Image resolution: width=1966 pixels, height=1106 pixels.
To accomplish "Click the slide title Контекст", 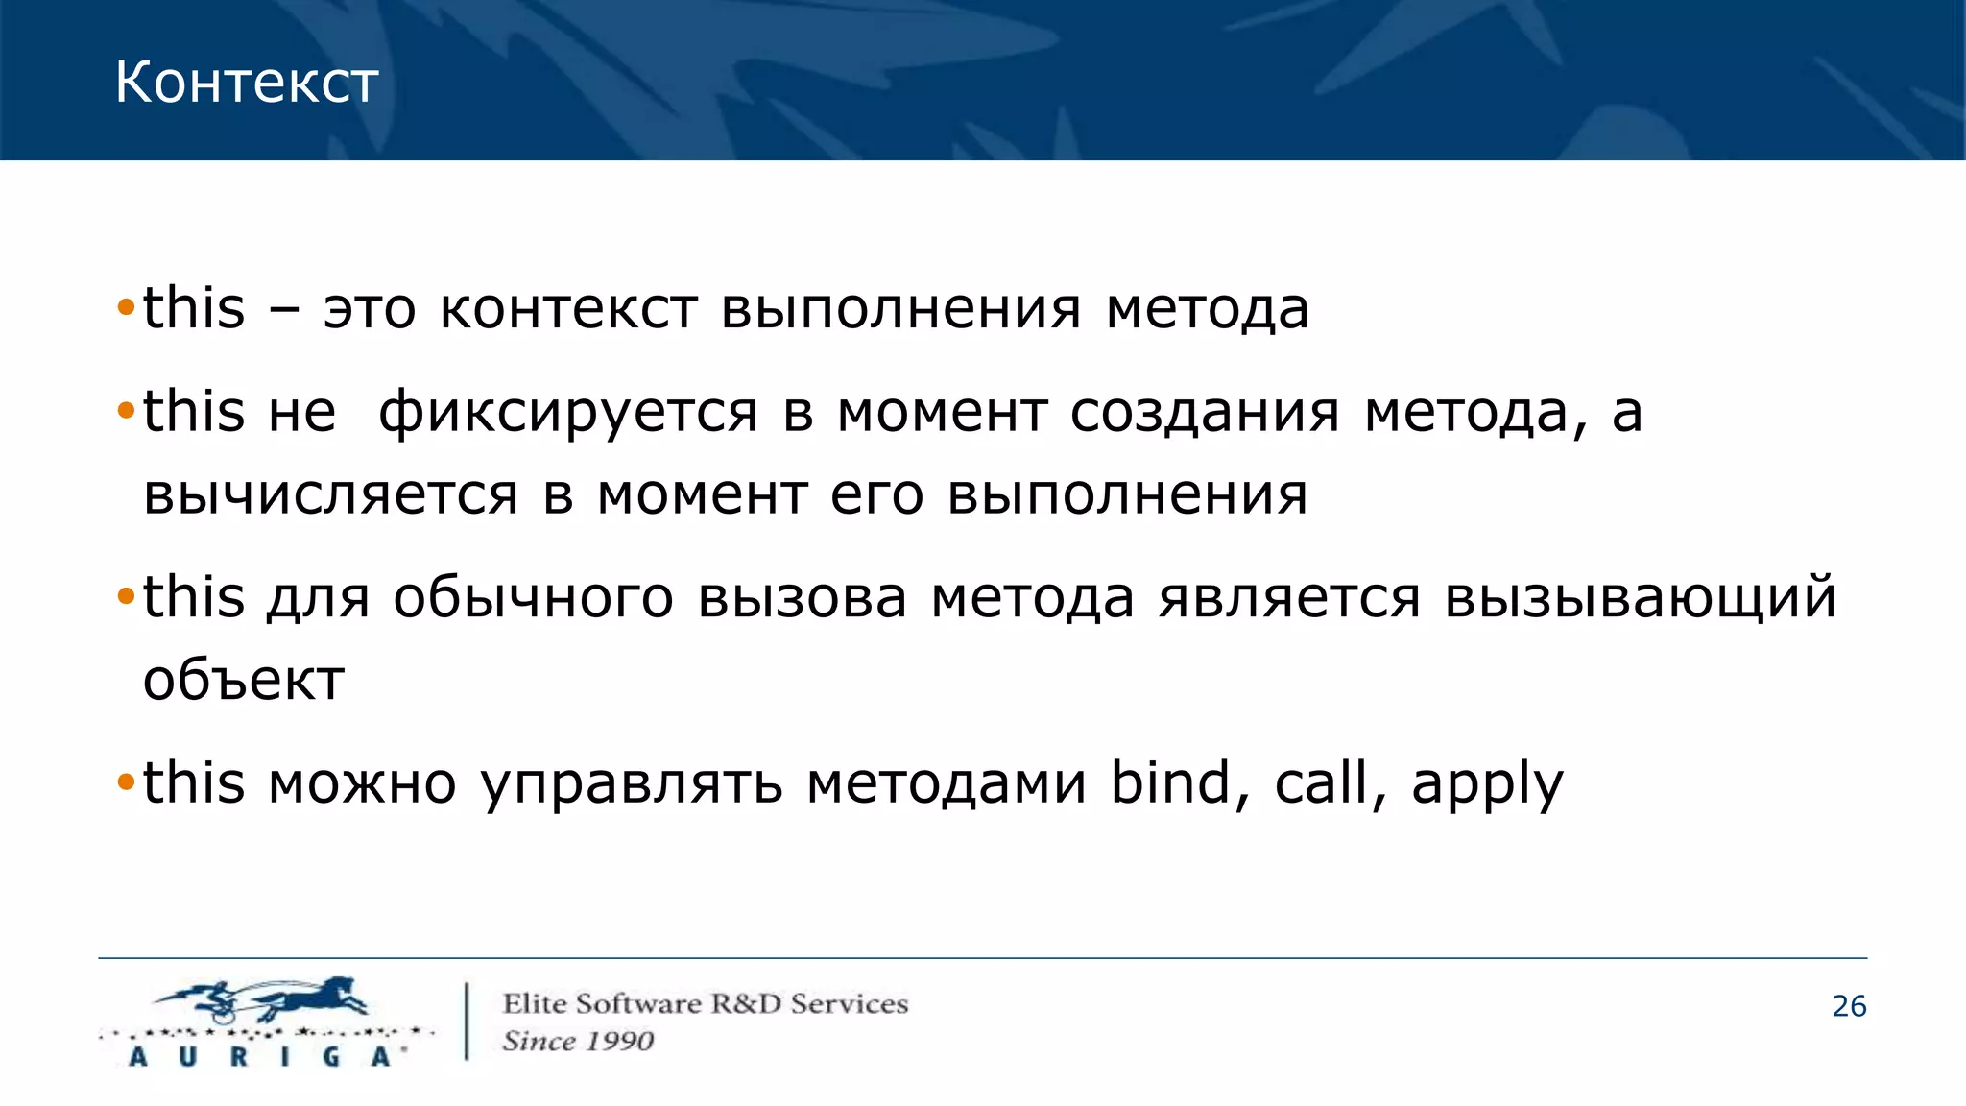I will (246, 83).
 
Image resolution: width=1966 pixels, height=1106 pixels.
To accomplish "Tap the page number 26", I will (1849, 1006).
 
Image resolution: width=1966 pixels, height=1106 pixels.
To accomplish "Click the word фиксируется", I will (568, 414).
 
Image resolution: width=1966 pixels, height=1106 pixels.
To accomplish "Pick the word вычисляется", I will (331, 495).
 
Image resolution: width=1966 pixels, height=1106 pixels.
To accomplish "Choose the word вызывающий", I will (1641, 598).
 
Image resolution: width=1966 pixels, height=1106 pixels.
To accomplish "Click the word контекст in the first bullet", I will (568, 310).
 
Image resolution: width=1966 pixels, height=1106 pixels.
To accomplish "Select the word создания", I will (1205, 414).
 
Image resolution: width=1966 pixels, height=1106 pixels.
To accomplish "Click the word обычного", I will (533, 598).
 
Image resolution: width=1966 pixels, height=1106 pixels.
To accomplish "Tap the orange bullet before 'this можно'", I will (126, 782).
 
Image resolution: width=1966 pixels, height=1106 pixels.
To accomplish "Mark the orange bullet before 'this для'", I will (126, 597).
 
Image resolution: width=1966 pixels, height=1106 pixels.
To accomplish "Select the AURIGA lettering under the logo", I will (260, 1057).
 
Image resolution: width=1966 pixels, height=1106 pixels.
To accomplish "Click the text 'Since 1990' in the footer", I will (578, 1041).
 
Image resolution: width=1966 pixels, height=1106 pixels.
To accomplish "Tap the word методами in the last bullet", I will (946, 783).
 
